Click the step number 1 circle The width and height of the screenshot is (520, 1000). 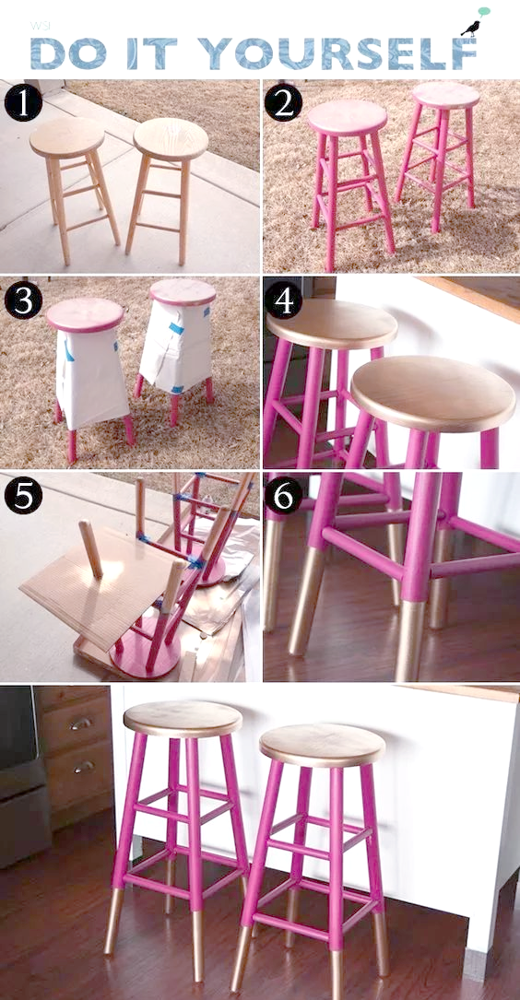click(24, 102)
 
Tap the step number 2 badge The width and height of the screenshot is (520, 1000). click(283, 102)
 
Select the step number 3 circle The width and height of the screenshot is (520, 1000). click(24, 300)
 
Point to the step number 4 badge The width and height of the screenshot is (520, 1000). click(283, 300)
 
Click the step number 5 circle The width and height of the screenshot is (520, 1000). click(24, 496)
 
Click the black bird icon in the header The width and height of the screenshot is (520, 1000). click(471, 29)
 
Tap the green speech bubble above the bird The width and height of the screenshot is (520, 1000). click(484, 11)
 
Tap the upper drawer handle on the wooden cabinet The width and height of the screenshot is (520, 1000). click(81, 724)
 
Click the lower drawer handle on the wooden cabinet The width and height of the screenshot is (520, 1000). click(84, 767)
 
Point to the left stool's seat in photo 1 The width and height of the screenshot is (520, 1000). click(67, 137)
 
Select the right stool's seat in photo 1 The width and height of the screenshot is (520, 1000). click(171, 139)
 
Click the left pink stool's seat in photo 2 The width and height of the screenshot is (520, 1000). click(347, 118)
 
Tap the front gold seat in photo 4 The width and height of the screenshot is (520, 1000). click(433, 394)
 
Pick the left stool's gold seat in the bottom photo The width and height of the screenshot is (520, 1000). click(183, 719)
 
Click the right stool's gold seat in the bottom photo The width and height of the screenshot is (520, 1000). click(322, 746)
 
